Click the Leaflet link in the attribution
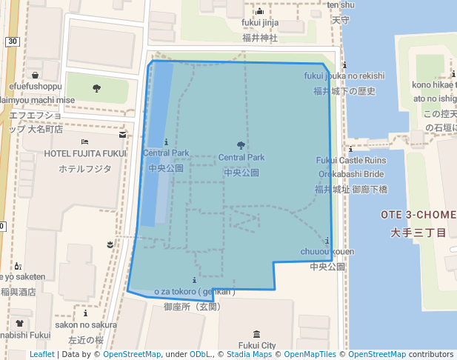[41, 354]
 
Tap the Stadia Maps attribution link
[247, 354]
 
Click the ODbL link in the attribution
[200, 354]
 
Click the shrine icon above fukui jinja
[259, 11]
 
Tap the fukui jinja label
[259, 22]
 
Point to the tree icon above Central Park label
[241, 145]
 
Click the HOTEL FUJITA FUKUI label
[85, 153]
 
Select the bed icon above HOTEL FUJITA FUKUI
[85, 141]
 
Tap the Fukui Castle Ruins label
[351, 160]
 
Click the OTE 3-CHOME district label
[418, 215]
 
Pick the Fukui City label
[257, 345]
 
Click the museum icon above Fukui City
[256, 334]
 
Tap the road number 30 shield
[12, 41]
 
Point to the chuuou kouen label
[327, 252]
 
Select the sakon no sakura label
[86, 324]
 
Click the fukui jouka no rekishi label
[344, 76]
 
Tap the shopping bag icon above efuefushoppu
[35, 74]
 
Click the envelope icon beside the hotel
[122, 136]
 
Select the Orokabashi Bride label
[351, 174]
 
